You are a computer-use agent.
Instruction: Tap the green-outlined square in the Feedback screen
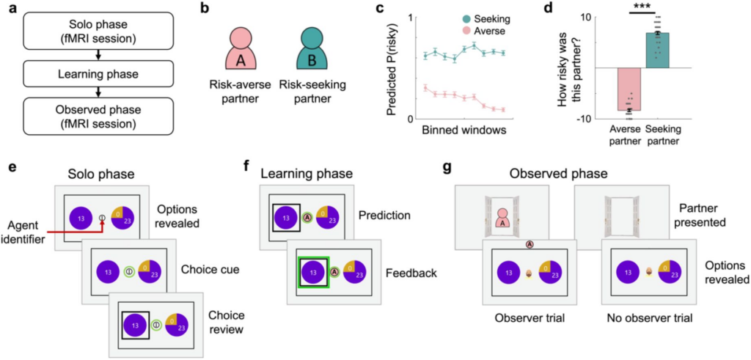[x=312, y=271]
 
